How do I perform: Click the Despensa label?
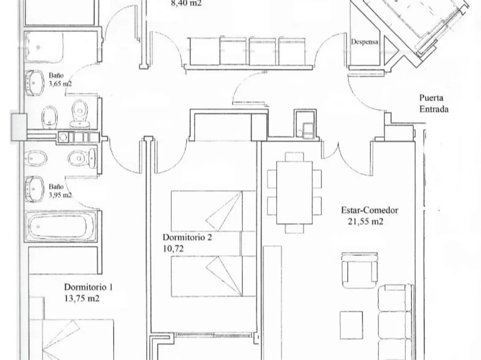click(x=364, y=42)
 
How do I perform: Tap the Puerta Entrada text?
click(x=434, y=104)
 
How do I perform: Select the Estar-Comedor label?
click(x=370, y=210)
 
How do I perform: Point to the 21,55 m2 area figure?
click(x=365, y=221)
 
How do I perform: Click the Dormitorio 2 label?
click(x=187, y=237)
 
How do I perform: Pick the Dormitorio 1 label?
click(x=88, y=287)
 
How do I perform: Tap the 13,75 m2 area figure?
click(x=82, y=298)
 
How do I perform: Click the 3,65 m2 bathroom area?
click(x=60, y=84)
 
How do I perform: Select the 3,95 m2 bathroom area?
click(x=60, y=195)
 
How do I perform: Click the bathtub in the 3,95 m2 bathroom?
click(x=61, y=226)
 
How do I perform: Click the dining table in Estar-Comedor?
click(x=294, y=193)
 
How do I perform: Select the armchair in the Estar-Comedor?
click(x=359, y=270)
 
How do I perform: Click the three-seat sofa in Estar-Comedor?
click(x=395, y=322)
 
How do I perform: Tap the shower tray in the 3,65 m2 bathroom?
click(x=44, y=47)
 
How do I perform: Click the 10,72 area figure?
click(x=173, y=248)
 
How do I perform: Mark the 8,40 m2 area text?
click(x=186, y=4)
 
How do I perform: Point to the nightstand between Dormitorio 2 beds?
click(x=248, y=243)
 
